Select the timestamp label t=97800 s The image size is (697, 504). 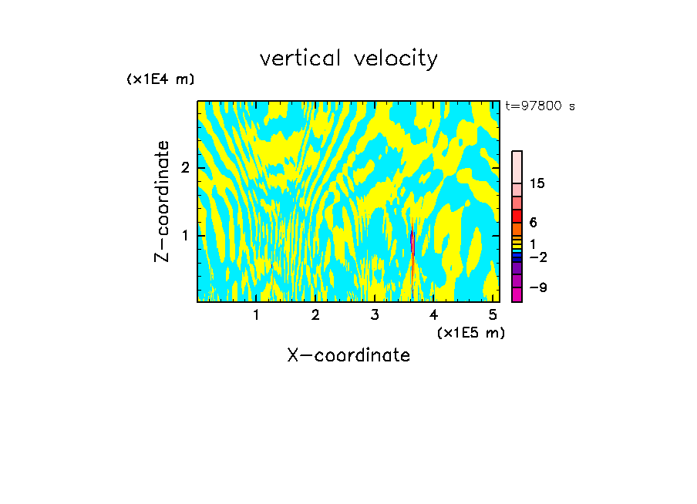tap(540, 106)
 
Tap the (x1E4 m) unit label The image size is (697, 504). tap(160, 79)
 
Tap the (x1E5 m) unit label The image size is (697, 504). tap(471, 332)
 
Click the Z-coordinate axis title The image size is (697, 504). tap(162, 201)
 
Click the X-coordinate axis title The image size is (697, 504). tap(348, 355)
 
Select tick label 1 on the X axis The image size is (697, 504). tap(256, 314)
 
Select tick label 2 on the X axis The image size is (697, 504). tap(315, 314)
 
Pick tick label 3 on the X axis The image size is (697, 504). tap(375, 314)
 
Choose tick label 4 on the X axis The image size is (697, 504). tap(433, 314)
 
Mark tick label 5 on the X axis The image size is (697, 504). tap(493, 314)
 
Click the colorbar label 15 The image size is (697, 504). tap(537, 183)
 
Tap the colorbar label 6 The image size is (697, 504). tap(533, 223)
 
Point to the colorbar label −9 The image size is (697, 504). tap(537, 287)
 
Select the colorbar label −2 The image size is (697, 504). tap(537, 257)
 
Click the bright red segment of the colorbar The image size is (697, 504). tap(517, 216)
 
